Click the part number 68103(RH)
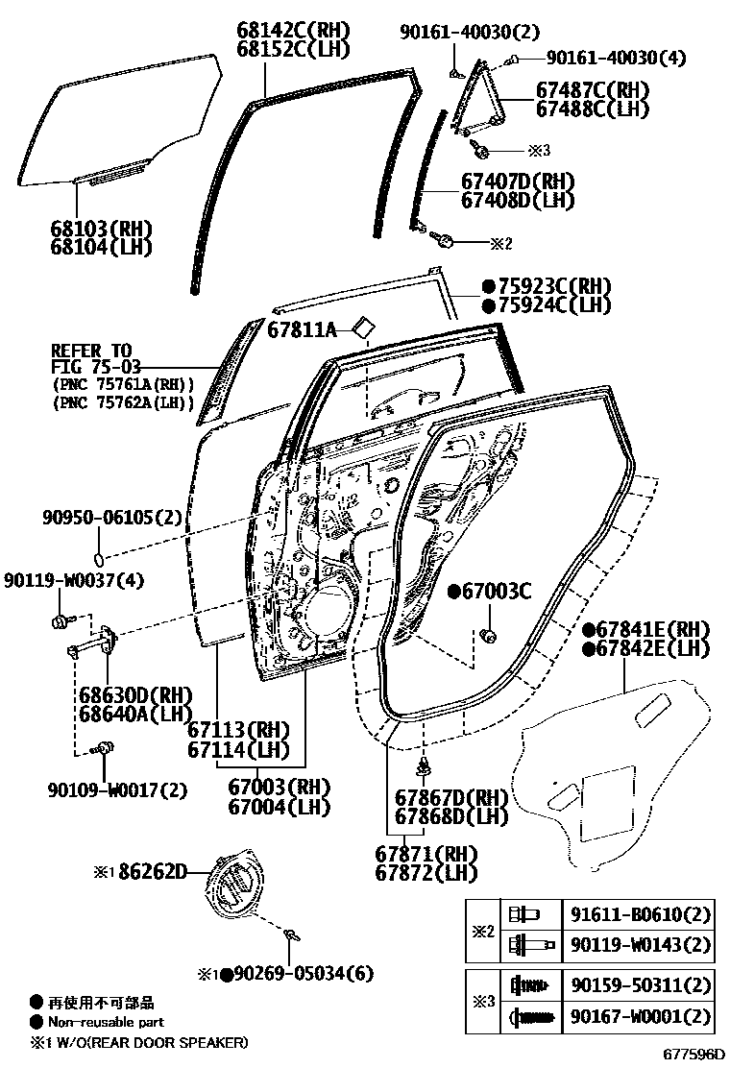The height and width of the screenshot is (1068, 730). coord(103,229)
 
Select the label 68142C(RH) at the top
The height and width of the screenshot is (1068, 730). coord(293,29)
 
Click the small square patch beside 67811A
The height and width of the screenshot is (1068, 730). coord(362,327)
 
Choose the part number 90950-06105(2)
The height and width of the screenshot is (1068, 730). coord(110,518)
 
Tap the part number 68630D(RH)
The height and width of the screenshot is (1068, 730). coord(122,695)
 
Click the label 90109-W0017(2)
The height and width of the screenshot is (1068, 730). coord(116,790)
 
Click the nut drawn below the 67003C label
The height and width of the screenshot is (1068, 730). coord(487,635)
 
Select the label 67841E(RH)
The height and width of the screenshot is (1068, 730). coord(645,629)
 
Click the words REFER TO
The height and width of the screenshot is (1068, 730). coord(90,351)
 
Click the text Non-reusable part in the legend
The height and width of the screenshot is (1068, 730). coord(106,1022)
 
